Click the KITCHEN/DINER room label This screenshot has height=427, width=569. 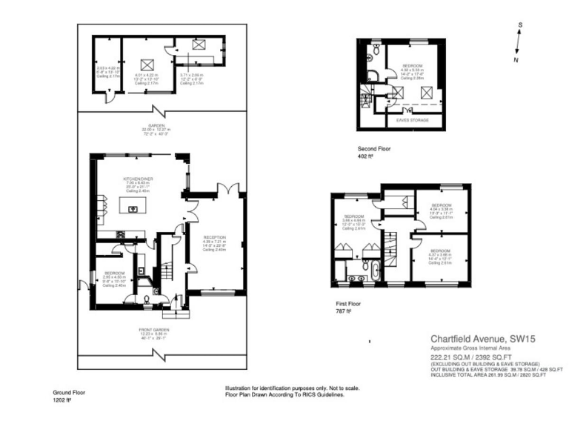[x=137, y=179]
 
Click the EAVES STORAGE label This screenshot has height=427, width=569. [x=413, y=119]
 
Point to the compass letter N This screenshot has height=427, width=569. [x=516, y=59]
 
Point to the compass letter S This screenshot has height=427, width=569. [x=521, y=25]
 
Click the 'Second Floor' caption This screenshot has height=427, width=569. [x=375, y=149]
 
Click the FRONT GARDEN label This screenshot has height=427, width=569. [x=154, y=328]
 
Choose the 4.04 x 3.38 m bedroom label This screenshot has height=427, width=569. [x=442, y=204]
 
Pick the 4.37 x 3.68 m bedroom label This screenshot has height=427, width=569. [x=442, y=251]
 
